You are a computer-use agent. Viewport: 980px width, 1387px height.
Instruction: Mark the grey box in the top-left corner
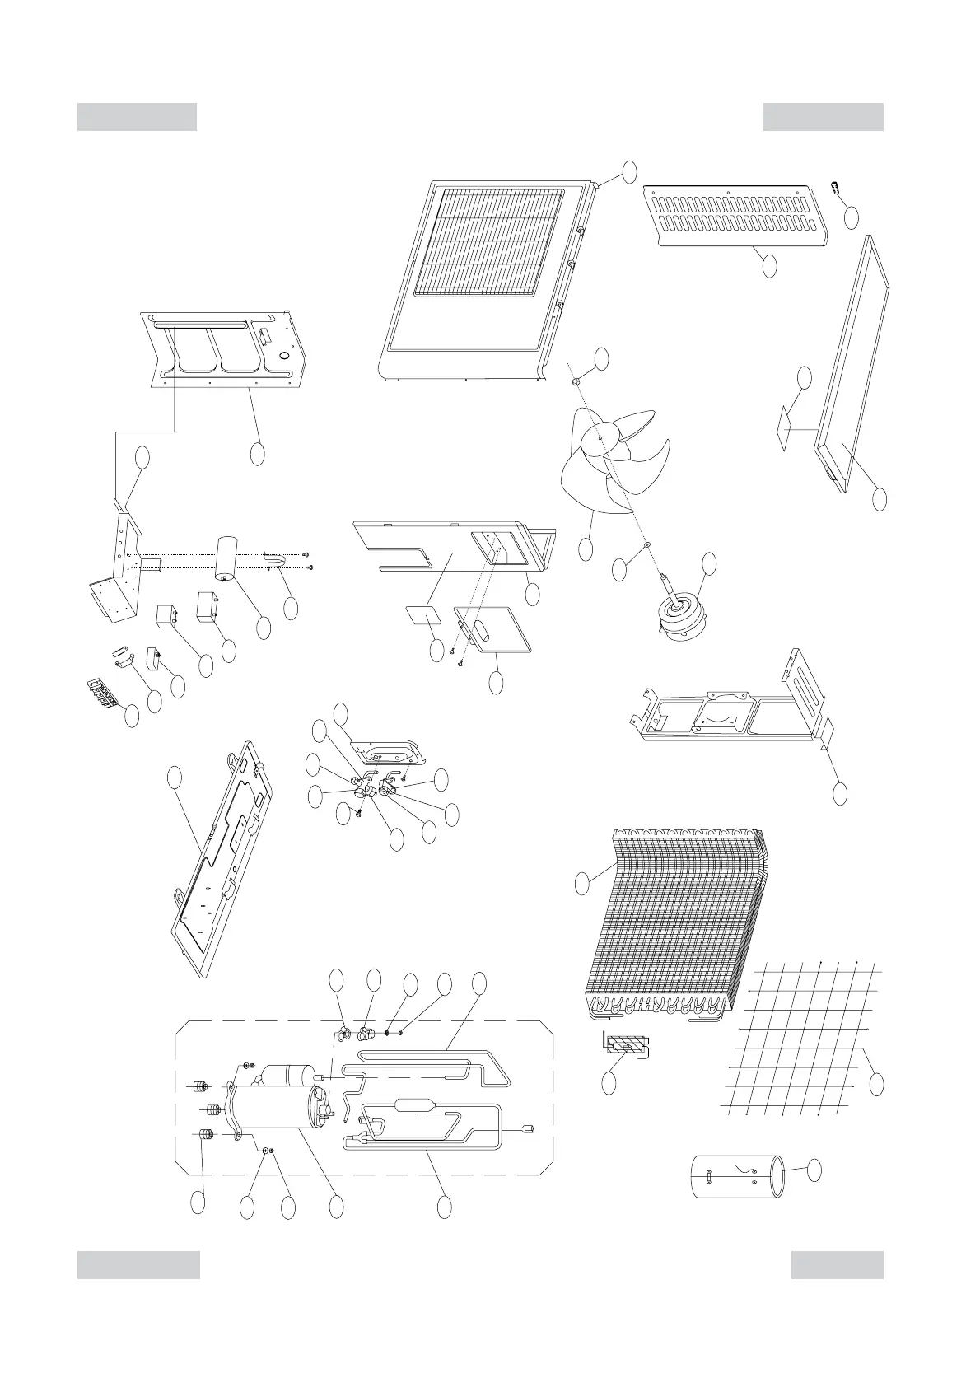pos(137,117)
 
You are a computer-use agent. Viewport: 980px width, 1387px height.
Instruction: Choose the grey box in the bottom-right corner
pos(837,1265)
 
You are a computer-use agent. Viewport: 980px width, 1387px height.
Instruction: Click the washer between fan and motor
pos(646,545)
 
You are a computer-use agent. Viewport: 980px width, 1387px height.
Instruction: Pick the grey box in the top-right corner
pos(823,117)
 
